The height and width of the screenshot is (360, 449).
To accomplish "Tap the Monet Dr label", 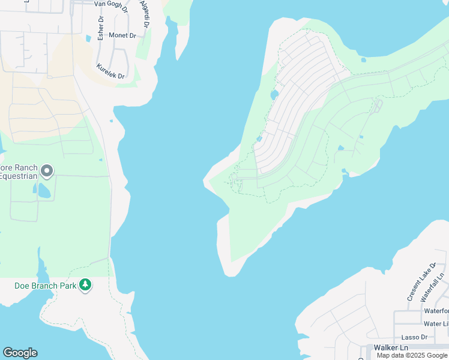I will [x=122, y=35].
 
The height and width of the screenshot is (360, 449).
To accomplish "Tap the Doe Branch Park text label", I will [x=46, y=286].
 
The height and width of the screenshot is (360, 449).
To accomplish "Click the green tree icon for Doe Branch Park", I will [x=85, y=284].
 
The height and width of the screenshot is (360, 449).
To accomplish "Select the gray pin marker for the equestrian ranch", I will [x=47, y=172].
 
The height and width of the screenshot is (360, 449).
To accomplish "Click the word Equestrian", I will [x=19, y=176].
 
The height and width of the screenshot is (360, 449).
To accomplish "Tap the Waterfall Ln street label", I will [x=433, y=287].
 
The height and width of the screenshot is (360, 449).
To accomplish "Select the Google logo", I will [x=20, y=353].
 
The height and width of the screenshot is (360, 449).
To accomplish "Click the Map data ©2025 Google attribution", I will [x=412, y=355].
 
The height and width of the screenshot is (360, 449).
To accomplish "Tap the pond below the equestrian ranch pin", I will [x=44, y=191].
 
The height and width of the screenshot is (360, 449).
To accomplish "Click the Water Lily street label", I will [x=436, y=324].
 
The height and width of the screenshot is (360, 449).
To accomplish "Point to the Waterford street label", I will [x=436, y=311].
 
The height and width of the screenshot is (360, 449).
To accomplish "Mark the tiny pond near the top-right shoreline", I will [x=364, y=60].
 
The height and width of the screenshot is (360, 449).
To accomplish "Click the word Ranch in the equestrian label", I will [x=26, y=168].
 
